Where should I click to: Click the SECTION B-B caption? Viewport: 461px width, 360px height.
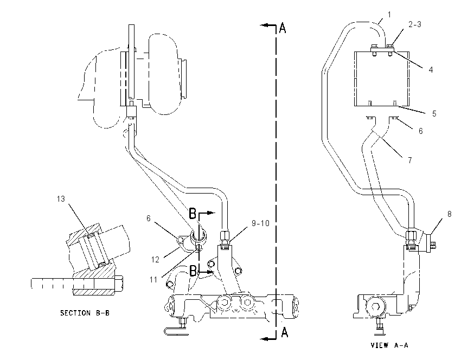coord(85,313)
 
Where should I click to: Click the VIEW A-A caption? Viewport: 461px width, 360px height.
coord(389,345)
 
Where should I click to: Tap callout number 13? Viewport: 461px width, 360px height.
coord(61,199)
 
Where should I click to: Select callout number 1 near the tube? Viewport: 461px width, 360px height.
coord(389,15)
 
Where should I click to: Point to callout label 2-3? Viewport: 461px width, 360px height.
coord(415,24)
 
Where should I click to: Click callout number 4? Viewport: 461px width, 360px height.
coord(431,69)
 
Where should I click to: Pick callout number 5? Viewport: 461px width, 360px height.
coord(434,113)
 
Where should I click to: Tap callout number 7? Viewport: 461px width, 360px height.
coord(409,160)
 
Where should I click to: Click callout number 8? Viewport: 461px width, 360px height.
coord(449,214)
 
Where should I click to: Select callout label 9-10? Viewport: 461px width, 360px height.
coord(260,223)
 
